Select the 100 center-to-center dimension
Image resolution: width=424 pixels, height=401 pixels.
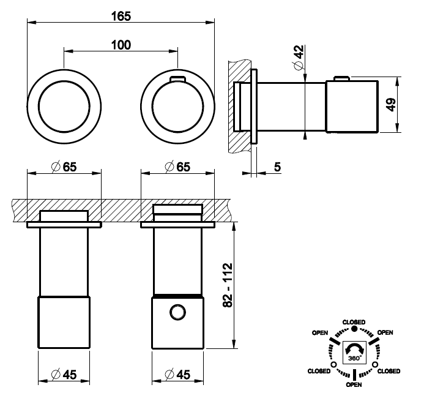click(x=121, y=44)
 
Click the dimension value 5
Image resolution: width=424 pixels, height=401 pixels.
click(x=278, y=167)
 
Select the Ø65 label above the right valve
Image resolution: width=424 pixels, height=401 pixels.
click(x=178, y=167)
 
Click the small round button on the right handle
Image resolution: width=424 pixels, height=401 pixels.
click(x=177, y=313)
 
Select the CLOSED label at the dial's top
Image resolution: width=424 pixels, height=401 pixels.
click(x=355, y=322)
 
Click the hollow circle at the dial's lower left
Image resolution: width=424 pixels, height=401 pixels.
click(x=333, y=365)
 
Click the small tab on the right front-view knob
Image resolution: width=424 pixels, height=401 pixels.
click(x=177, y=78)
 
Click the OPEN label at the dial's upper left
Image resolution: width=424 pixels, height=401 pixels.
click(x=320, y=332)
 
